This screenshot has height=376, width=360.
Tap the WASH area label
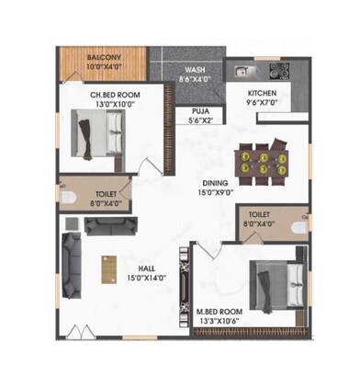point(194,70)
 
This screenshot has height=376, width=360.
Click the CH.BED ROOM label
point(114,95)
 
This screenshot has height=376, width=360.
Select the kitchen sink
point(242,70)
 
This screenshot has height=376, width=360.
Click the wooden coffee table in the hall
point(107,269)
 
